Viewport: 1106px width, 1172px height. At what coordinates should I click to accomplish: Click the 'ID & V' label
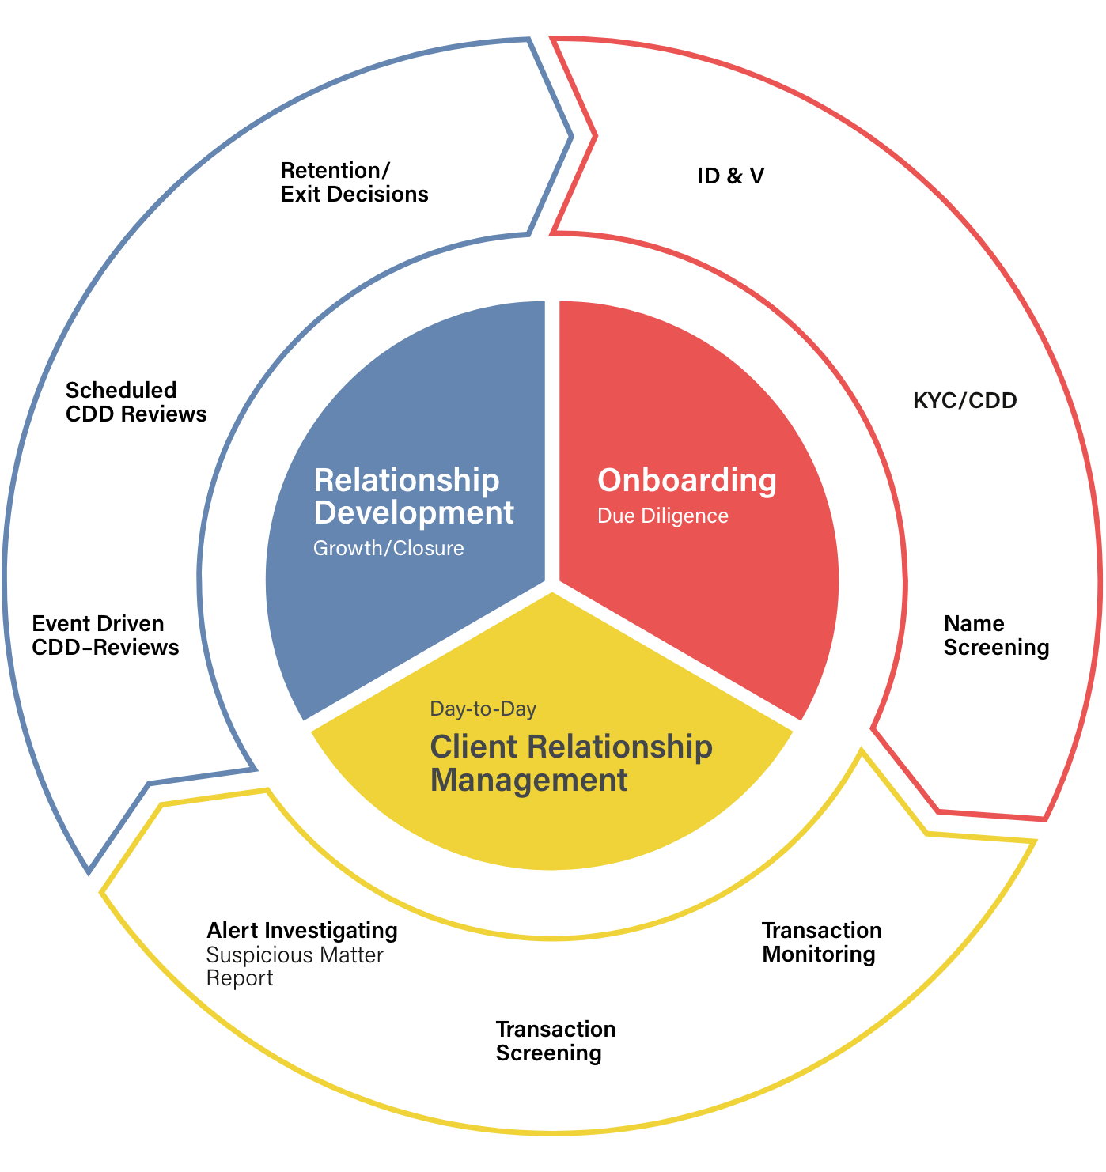(730, 176)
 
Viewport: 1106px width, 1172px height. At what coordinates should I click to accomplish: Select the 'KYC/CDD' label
(965, 401)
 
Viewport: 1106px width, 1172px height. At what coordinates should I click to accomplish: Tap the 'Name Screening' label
(996, 636)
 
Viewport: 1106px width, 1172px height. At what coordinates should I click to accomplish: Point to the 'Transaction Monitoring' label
(821, 943)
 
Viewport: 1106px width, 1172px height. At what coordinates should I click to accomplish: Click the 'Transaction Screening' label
(555, 1042)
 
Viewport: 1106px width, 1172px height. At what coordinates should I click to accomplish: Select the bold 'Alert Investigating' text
(301, 931)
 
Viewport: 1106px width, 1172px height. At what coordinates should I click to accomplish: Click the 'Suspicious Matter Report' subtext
(294, 966)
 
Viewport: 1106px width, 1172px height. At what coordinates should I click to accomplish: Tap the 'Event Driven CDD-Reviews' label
(105, 636)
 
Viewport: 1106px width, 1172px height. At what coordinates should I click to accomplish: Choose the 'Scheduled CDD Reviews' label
(136, 402)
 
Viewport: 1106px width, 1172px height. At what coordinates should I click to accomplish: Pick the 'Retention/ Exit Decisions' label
(354, 183)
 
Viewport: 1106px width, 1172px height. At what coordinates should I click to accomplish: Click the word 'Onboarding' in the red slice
(687, 482)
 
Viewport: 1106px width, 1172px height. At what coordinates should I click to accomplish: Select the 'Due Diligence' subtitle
(662, 516)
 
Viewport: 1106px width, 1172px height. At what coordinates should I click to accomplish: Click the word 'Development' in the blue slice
(414, 512)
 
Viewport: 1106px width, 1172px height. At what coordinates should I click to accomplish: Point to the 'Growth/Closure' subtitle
(388, 548)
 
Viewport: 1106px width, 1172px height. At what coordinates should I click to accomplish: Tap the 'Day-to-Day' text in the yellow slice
(483, 708)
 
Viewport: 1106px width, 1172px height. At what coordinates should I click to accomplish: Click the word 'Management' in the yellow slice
(528, 780)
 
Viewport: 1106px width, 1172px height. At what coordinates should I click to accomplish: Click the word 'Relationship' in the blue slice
(407, 480)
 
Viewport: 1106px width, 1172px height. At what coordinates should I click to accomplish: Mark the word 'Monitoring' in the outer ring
(819, 955)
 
